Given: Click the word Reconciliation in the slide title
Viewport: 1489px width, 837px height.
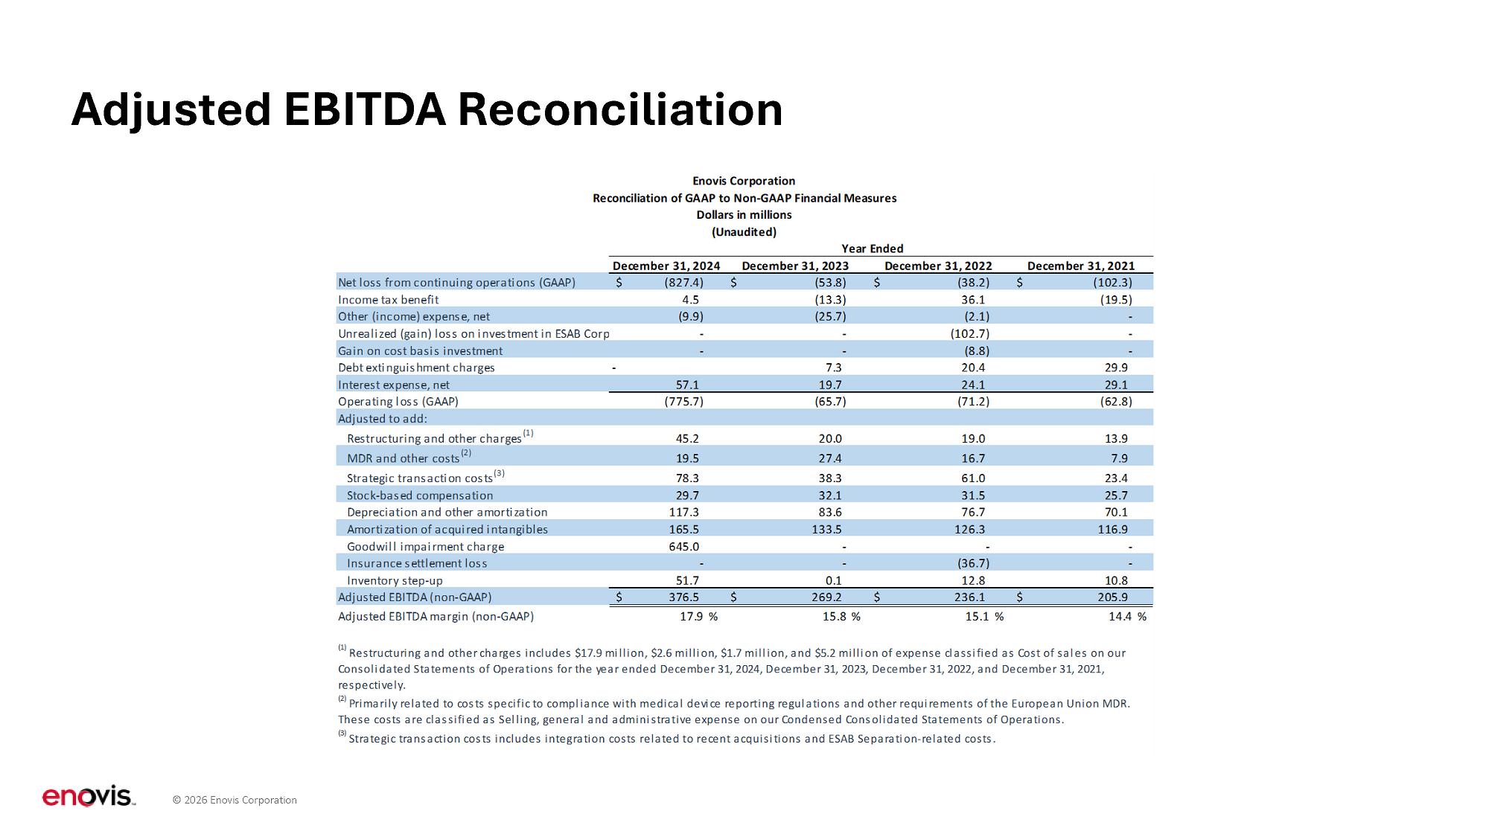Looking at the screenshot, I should pos(619,109).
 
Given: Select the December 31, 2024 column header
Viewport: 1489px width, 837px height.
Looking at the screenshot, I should pos(666,266).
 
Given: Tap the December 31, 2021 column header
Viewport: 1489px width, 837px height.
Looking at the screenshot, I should pos(1080,266).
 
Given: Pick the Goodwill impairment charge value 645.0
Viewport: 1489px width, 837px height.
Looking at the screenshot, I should pos(683,546).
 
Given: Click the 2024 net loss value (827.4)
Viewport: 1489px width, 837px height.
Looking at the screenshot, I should pos(683,283).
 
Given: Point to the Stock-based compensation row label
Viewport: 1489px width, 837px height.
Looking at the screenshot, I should pos(420,496).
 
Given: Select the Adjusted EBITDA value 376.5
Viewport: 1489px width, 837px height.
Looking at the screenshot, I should pos(683,597).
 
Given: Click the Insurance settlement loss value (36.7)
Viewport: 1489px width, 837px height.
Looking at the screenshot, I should pos(973,563).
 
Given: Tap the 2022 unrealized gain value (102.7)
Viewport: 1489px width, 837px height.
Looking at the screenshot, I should pos(969,334).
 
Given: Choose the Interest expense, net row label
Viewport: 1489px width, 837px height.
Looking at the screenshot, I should pos(394,385).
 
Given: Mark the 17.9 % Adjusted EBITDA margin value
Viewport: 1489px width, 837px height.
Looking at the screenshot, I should pos(698,617).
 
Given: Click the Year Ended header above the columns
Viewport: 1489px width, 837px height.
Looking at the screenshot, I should pos(872,248).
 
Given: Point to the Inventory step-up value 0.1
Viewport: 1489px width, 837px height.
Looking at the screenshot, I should pos(834,580).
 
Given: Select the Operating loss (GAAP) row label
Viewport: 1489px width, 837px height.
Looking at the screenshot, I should pos(398,402).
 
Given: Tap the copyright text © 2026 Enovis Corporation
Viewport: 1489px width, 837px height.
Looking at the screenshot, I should pos(235,801).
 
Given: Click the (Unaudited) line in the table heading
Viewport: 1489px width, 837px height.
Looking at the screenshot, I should pos(744,232).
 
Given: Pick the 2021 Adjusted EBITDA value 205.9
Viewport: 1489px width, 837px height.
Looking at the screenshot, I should pos(1112,597).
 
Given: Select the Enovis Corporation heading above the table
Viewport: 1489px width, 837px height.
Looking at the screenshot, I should pos(744,181).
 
